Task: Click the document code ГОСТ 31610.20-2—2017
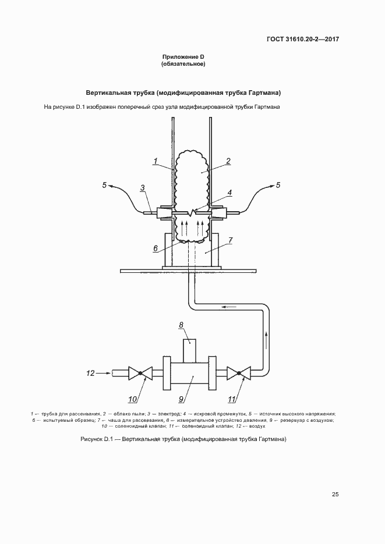303,39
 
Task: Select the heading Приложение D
183,57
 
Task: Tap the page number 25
335,495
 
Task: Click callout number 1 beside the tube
156,161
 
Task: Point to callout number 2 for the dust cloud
228,161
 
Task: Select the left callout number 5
104,185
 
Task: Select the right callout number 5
278,185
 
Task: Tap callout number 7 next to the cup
231,240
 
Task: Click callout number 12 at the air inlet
90,374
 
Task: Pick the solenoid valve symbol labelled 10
140,374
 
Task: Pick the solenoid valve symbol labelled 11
239,374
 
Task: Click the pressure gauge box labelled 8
189,350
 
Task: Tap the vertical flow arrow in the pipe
267,340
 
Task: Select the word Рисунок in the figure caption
91,439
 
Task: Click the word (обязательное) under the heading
183,64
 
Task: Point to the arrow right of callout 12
103,374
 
